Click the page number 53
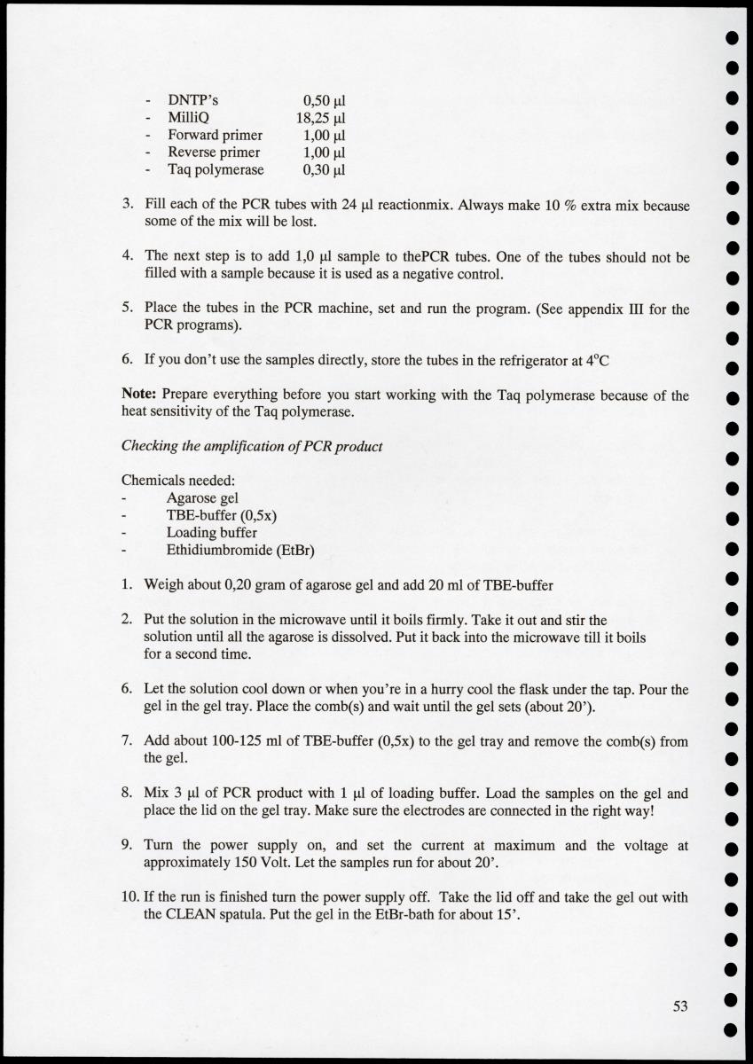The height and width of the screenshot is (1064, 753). (x=680, y=1005)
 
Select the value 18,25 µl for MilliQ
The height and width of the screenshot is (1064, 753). (x=320, y=117)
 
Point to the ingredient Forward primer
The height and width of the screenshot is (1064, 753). (x=215, y=135)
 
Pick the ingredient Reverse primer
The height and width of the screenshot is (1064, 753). (x=214, y=152)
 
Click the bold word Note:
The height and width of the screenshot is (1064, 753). (x=140, y=395)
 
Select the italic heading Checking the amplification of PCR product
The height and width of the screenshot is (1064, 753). (x=252, y=446)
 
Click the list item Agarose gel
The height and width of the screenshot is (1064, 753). (x=202, y=497)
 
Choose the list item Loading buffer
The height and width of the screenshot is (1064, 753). (x=212, y=533)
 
